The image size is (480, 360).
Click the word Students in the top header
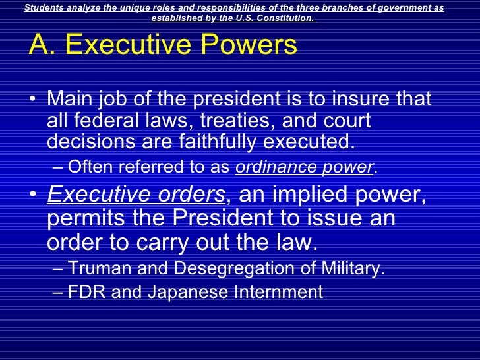point(44,7)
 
